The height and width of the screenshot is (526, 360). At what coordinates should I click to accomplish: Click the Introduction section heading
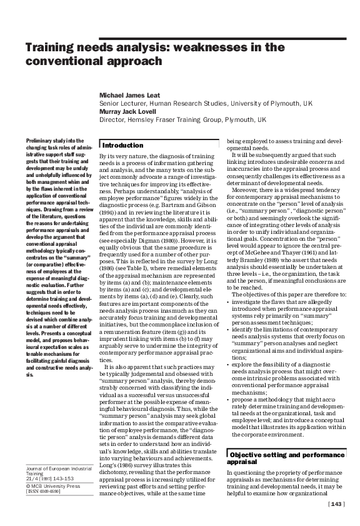coord(123,145)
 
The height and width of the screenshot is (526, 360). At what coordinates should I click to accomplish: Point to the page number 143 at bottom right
coord(336,504)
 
